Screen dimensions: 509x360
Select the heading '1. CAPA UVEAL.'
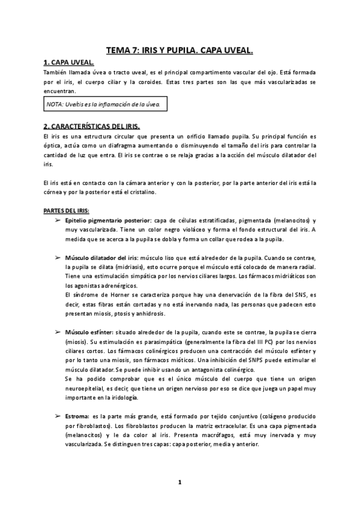[68, 63]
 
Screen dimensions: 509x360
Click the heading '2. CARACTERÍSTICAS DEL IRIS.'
[91, 127]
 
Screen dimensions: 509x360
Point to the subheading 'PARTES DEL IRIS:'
[65, 211]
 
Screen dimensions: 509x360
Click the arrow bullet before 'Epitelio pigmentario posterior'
[58, 221]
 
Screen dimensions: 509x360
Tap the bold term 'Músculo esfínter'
[89, 332]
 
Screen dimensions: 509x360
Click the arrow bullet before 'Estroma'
[58, 416]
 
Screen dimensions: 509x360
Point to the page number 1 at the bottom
[179, 482]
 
